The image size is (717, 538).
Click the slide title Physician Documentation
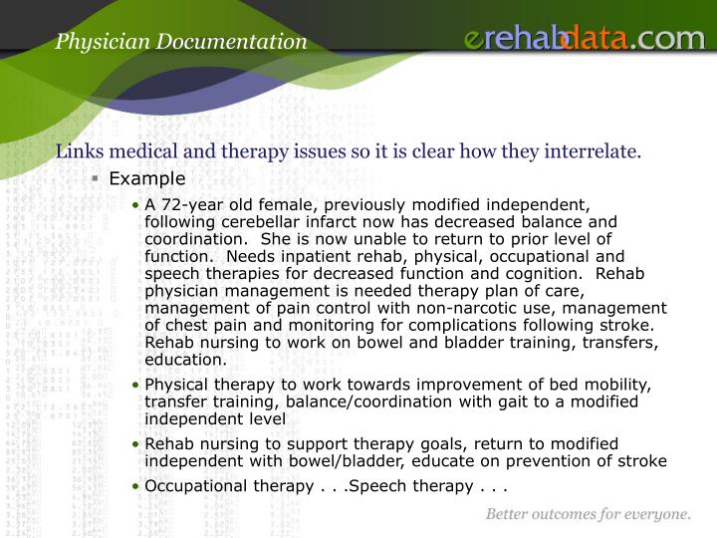click(x=181, y=41)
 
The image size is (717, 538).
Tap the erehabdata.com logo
click(x=585, y=39)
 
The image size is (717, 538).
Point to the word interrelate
click(x=595, y=151)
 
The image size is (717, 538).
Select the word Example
click(x=147, y=179)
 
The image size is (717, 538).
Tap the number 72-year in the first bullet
click(x=189, y=204)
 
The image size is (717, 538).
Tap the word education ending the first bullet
click(x=185, y=360)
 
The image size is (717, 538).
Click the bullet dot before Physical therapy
click(x=137, y=386)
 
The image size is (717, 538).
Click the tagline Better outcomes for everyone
click(x=588, y=515)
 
